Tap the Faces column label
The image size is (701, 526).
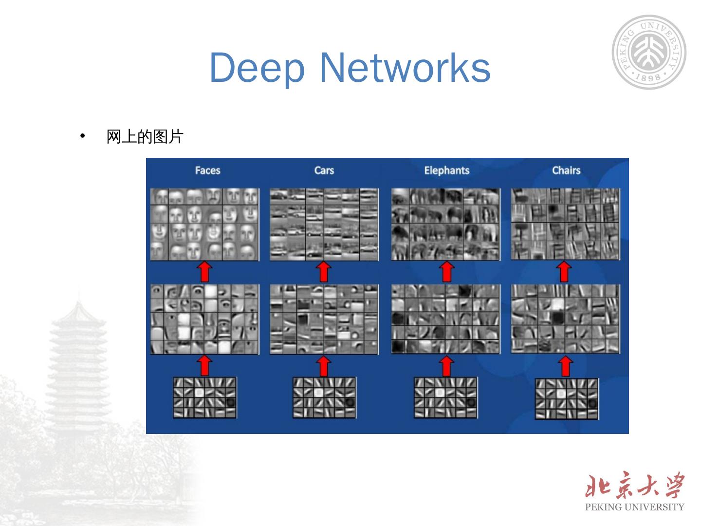(207, 170)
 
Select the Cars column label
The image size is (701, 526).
(324, 170)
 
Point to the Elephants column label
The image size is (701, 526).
(446, 170)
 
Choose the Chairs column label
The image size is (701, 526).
(566, 170)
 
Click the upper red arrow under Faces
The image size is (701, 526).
(205, 272)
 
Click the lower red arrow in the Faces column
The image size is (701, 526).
(205, 365)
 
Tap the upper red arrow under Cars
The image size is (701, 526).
(324, 272)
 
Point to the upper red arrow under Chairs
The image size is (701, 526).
(564, 272)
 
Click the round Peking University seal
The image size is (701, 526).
(649, 52)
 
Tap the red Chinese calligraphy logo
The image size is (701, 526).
(634, 486)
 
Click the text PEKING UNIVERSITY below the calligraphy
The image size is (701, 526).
(634, 507)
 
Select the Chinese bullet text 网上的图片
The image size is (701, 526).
(145, 137)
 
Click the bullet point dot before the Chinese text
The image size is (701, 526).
(83, 136)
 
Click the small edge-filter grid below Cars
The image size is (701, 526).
(324, 397)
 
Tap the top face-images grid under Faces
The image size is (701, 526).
(204, 225)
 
